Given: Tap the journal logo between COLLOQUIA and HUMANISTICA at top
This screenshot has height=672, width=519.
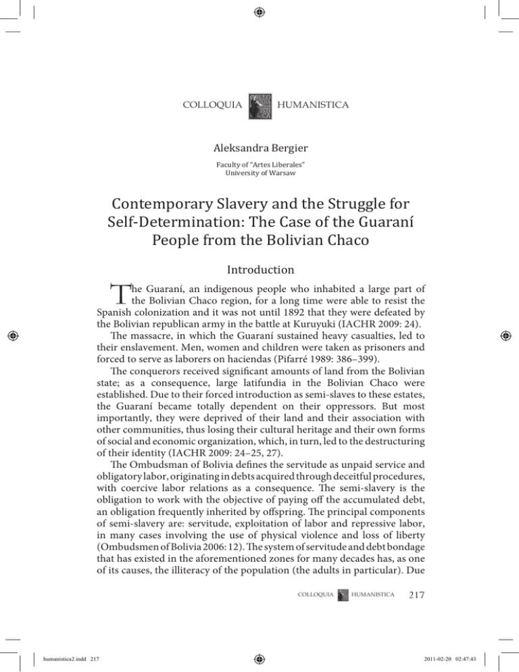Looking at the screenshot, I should coord(260,105).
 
